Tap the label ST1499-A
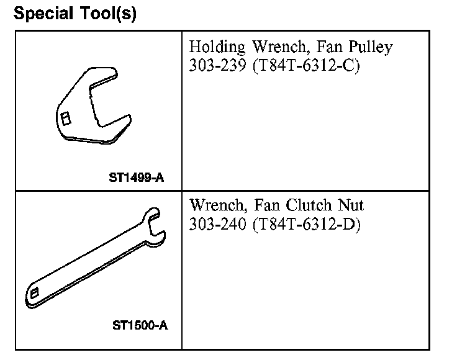point(136,179)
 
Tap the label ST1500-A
point(139,325)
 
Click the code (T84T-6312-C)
point(307,65)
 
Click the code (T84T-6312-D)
point(307,223)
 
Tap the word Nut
point(352,205)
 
